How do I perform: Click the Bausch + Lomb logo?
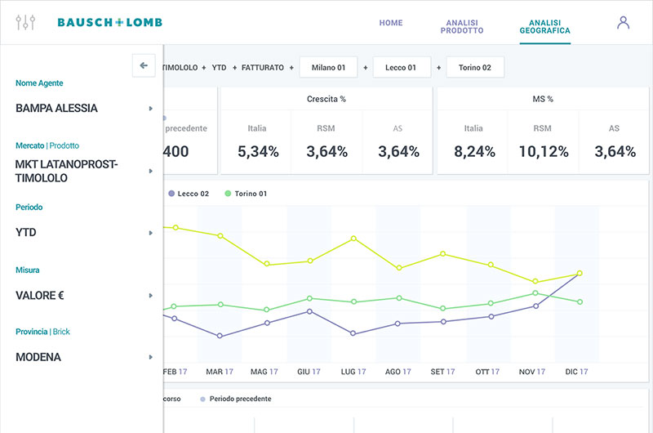110,23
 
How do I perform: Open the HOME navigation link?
391,23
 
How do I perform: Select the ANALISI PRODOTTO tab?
462,27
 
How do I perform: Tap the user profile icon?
623,23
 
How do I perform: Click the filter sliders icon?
25,23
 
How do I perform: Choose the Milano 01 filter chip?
329,68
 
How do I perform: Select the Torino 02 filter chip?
475,68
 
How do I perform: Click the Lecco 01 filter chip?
401,68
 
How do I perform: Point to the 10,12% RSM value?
544,152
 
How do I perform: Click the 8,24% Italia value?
474,152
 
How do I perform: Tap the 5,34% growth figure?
258,152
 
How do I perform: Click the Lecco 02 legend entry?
189,194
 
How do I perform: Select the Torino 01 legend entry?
246,194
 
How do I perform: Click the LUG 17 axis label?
353,372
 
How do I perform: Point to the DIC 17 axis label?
576,372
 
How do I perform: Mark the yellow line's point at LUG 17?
353,239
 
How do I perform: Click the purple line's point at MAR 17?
220,336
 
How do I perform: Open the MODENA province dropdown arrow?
151,357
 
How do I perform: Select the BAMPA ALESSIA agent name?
56,109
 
